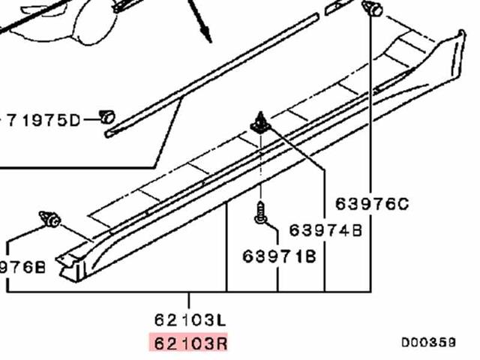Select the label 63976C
click(372, 203)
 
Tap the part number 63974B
click(325, 230)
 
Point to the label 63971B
click(279, 256)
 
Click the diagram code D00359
click(427, 342)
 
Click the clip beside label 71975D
click(107, 116)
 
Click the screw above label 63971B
click(260, 213)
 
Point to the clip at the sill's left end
click(51, 218)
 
